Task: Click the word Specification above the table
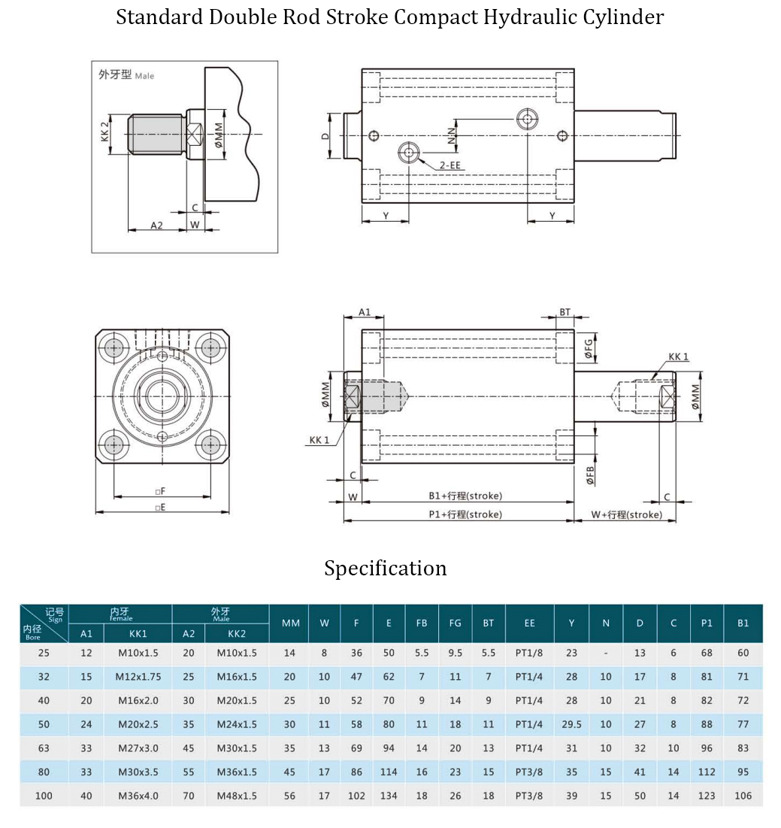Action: tap(385, 568)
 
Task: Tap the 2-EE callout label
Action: tap(450, 164)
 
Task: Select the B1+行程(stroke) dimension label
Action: tap(465, 496)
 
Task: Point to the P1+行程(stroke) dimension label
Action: tap(465, 514)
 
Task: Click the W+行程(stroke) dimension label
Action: tap(626, 514)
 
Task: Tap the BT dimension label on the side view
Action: tap(565, 312)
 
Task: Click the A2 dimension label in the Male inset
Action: tap(156, 225)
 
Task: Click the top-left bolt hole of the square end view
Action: tap(115, 347)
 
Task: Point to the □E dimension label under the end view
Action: tap(159, 508)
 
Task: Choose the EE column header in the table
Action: tap(530, 623)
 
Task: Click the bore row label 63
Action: tap(44, 748)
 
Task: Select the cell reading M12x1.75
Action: tap(138, 677)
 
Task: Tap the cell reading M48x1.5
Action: tap(237, 796)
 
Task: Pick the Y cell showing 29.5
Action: tap(572, 724)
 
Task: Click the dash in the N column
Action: tap(606, 653)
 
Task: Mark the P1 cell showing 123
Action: tap(707, 796)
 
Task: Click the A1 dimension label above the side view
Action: tap(365, 312)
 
